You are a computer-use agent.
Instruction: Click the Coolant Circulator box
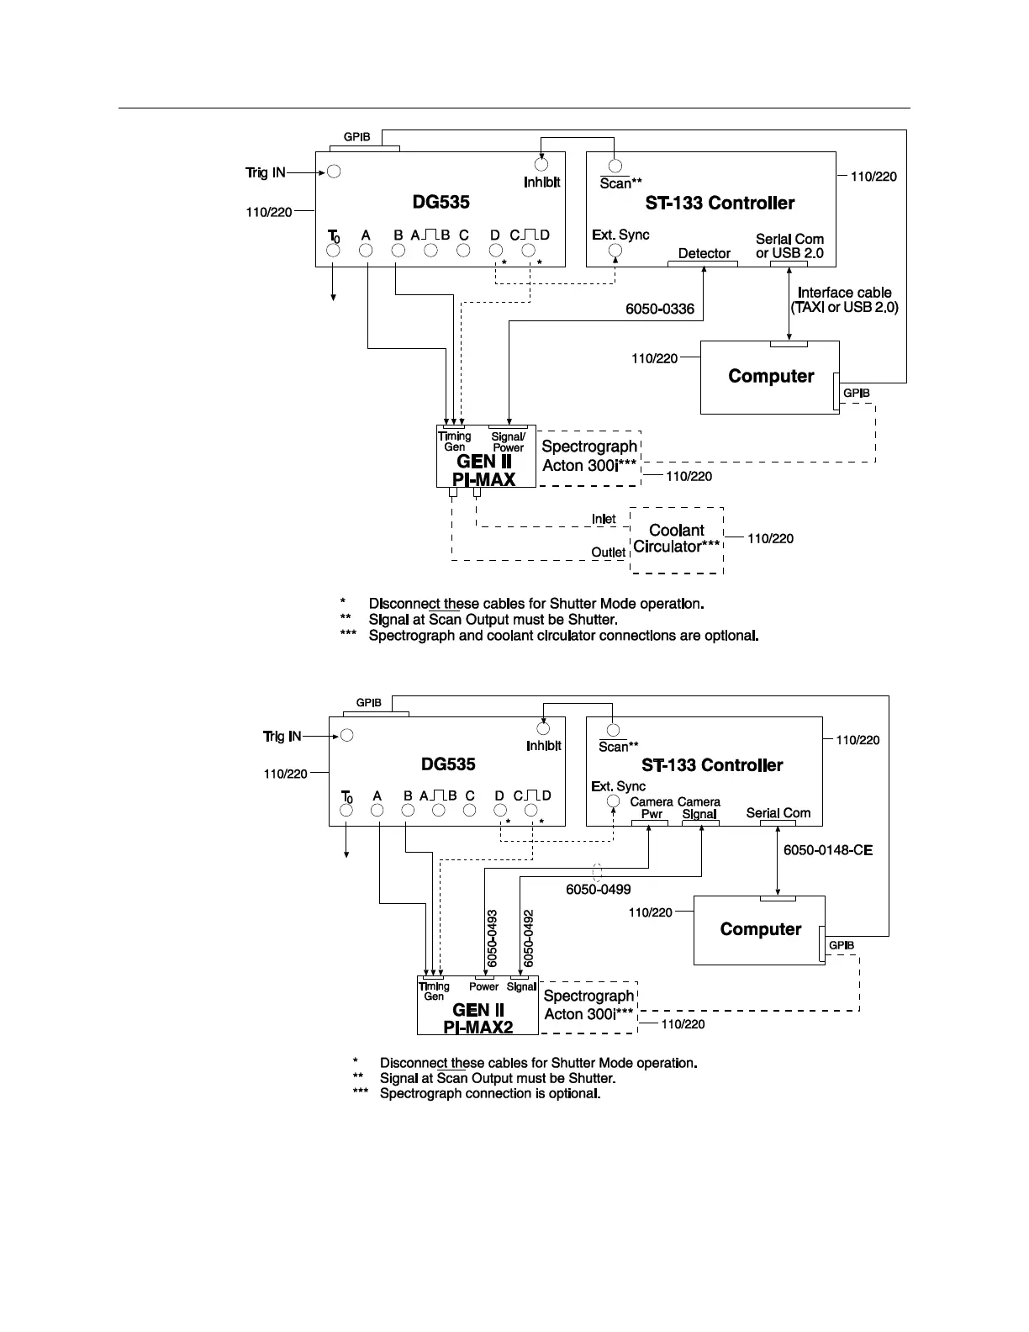(677, 540)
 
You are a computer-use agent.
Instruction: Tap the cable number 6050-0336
(660, 309)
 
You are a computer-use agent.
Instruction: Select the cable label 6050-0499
(598, 889)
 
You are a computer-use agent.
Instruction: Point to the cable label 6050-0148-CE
(828, 850)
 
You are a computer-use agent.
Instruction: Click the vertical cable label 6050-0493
(493, 937)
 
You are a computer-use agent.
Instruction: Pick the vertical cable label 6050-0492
(529, 937)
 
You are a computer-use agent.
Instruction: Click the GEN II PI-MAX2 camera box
(478, 1006)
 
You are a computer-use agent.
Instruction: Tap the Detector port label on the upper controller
(704, 253)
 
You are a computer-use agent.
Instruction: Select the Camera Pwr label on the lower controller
(652, 808)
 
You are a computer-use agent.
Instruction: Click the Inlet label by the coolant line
(603, 519)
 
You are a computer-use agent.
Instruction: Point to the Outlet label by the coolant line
(608, 552)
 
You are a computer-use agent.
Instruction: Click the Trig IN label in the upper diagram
(266, 172)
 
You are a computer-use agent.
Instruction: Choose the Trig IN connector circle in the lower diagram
(346, 735)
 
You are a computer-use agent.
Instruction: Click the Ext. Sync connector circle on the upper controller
(615, 251)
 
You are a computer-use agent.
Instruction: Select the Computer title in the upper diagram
(771, 376)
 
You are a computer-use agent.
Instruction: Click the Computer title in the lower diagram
(761, 929)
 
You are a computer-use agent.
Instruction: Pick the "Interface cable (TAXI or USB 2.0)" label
(844, 300)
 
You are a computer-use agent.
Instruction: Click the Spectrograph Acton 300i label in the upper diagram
(589, 456)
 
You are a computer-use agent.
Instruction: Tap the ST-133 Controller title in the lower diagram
(712, 765)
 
